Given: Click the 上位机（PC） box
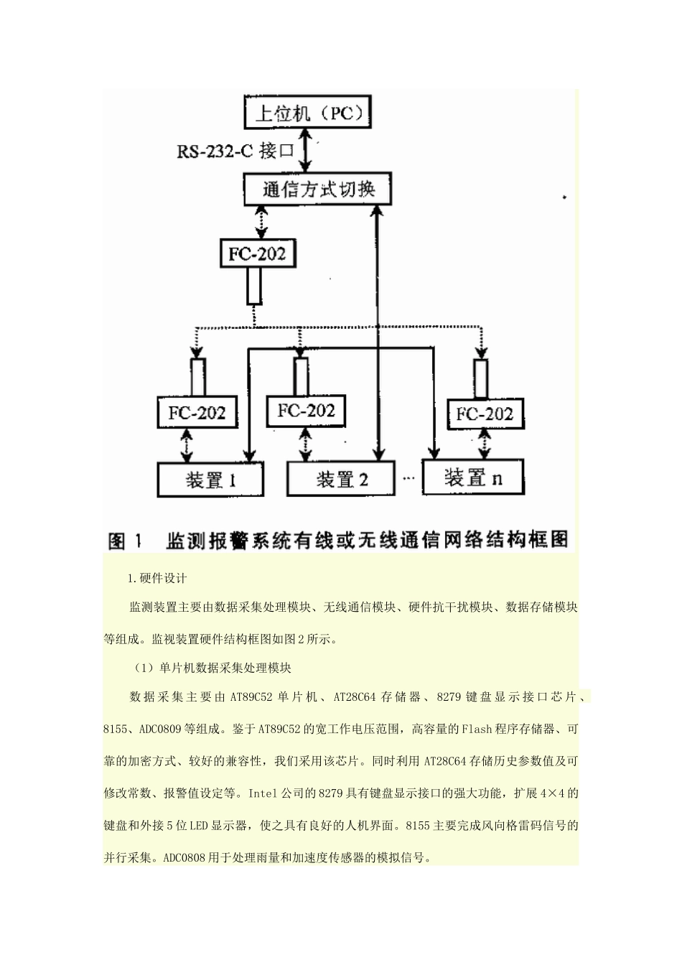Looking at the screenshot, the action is point(308,113).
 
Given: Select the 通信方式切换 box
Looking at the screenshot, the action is point(318,190).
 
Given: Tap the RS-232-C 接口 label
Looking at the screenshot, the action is point(236,151).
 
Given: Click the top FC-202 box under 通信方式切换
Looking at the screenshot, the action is point(257,253).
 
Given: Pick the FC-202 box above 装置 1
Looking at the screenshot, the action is point(197,413).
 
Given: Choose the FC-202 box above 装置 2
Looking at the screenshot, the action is point(306,411).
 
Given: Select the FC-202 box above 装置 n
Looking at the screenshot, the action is point(485,414).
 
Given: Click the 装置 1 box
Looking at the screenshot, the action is point(210,479).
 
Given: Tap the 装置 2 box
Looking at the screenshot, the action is point(341,479).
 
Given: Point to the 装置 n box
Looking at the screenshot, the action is point(473,477).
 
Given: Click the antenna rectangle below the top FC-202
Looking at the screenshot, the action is point(254,285).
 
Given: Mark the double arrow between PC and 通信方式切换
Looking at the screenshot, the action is point(306,152).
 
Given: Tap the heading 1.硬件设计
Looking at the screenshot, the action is point(157,579).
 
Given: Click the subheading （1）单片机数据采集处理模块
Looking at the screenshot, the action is point(212,668).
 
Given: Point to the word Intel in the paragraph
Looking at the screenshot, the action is point(262,793).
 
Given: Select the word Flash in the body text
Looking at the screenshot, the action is point(477,729).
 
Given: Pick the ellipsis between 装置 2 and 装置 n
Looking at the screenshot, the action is point(408,477).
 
